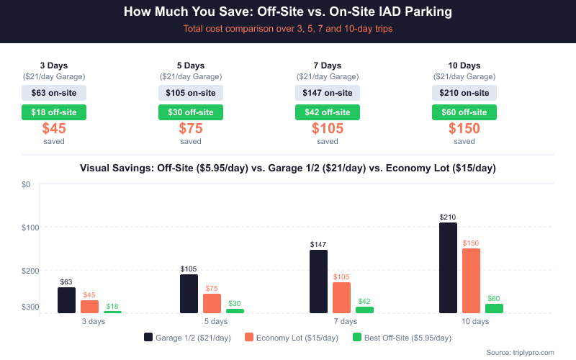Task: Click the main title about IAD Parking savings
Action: [288, 12]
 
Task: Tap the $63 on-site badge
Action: [54, 92]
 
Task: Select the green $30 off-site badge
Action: [191, 112]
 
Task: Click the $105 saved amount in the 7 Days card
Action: [328, 129]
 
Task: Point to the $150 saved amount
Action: [464, 129]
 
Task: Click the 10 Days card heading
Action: [464, 66]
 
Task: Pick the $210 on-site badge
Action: [464, 92]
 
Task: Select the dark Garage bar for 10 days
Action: [448, 268]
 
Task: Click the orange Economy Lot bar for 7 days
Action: [341, 297]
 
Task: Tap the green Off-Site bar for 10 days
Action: [494, 308]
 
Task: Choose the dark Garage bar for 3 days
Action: [66, 300]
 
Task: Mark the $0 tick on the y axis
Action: [25, 184]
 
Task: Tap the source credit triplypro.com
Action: [520, 352]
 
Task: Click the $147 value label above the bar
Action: [318, 245]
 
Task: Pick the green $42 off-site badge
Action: [328, 112]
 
